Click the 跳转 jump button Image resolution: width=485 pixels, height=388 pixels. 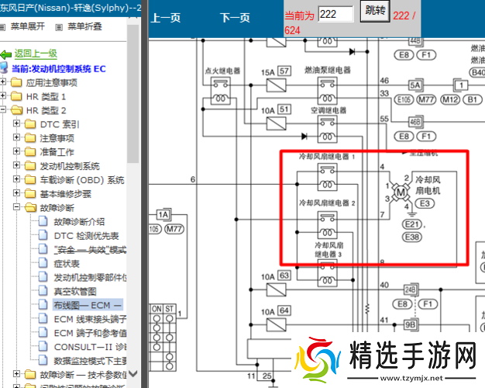click(x=375, y=13)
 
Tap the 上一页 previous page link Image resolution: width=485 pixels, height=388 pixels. click(x=165, y=17)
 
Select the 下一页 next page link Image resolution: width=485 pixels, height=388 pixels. click(x=235, y=17)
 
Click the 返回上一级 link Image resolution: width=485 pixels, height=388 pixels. click(x=35, y=54)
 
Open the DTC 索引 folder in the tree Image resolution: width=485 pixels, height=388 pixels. click(x=59, y=123)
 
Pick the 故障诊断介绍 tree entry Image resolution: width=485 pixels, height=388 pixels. click(x=79, y=221)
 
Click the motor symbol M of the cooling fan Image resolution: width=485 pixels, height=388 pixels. click(x=401, y=192)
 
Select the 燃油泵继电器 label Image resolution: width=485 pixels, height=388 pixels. click(x=327, y=69)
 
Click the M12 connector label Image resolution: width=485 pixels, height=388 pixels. click(x=450, y=99)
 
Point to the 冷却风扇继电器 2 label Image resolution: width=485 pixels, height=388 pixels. click(x=327, y=203)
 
